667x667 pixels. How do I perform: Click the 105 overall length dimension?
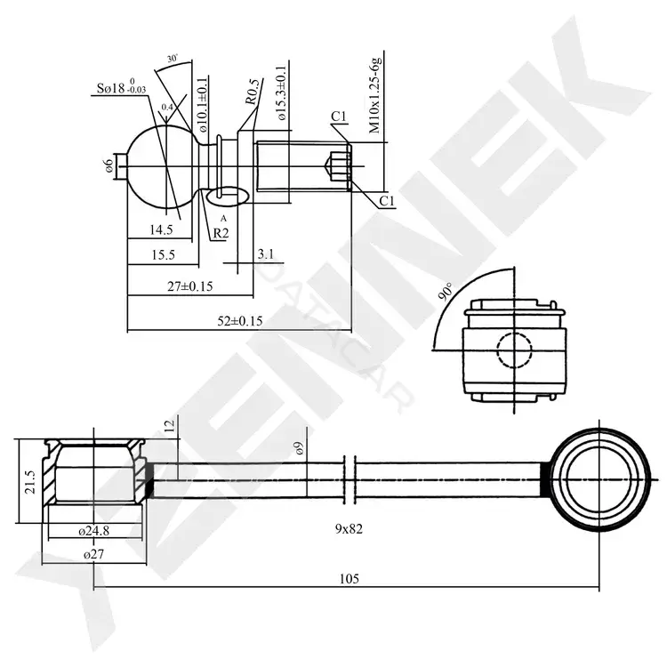tap(350, 579)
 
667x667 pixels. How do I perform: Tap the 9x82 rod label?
tap(349, 529)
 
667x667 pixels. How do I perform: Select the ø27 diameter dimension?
tap(93, 554)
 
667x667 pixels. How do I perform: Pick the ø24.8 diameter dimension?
tap(93, 531)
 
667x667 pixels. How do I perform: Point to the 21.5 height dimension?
tap(29, 481)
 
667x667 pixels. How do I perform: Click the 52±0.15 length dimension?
tap(240, 320)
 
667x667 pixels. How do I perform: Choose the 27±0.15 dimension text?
tap(189, 286)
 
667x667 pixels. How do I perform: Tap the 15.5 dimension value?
tap(164, 255)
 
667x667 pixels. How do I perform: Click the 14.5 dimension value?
tap(161, 230)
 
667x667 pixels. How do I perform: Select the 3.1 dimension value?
tap(265, 254)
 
